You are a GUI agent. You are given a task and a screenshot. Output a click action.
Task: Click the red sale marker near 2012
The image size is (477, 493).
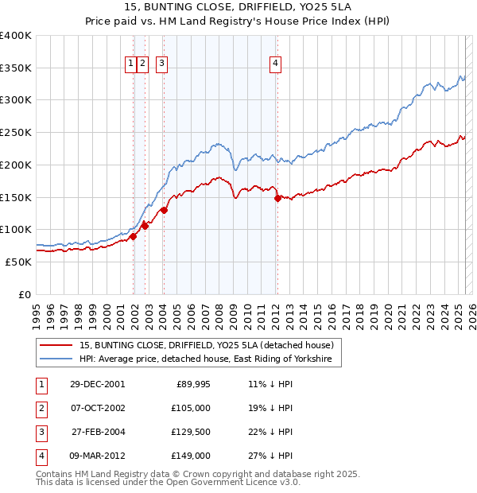tap(277, 199)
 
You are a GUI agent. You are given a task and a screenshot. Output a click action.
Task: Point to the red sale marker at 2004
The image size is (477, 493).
tap(164, 211)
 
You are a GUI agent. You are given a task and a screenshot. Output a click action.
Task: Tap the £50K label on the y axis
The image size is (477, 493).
tap(19, 262)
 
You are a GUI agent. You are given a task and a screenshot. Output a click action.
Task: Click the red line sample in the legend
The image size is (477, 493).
tap(56, 346)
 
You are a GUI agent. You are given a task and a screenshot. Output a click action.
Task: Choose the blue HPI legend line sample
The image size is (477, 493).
tap(56, 359)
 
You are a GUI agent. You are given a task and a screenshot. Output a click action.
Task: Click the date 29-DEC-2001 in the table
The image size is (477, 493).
tap(98, 384)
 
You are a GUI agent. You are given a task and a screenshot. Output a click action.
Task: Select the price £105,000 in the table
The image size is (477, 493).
tap(192, 408)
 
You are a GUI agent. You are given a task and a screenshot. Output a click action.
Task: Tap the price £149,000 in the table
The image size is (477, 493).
tap(192, 456)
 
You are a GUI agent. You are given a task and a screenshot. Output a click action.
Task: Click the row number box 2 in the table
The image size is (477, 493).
tap(40, 408)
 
